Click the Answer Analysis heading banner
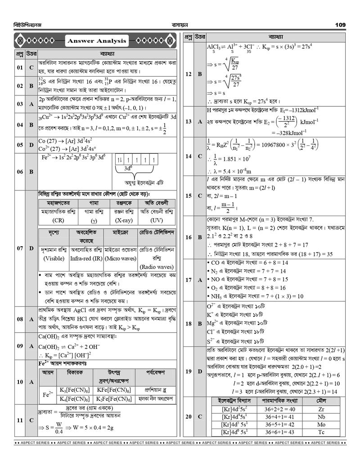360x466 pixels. point(97,41)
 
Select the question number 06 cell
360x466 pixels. point(20,172)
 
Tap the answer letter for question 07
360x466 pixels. point(31,248)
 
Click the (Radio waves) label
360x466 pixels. point(157,267)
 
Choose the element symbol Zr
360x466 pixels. point(321,409)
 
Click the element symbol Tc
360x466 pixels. point(321,432)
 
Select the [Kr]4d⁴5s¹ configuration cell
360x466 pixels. point(234,417)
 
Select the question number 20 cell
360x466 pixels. point(189,416)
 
